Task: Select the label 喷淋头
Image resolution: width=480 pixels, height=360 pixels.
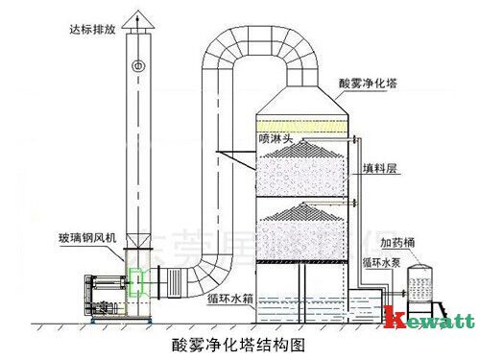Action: point(276,137)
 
